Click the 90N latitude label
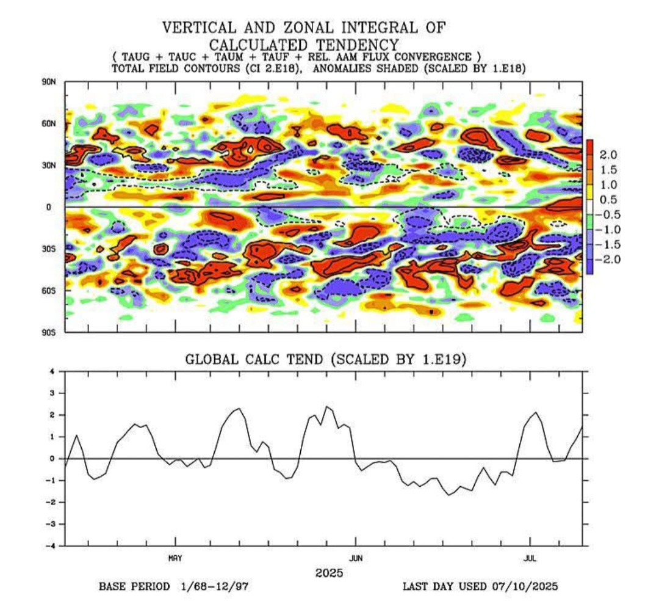(48, 82)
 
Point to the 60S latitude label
(48, 291)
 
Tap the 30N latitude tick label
(48, 166)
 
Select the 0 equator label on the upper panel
(49, 207)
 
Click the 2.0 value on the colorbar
(608, 155)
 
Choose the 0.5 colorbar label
(608, 199)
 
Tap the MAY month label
(175, 558)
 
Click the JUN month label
(356, 558)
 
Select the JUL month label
(530, 558)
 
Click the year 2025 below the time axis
(329, 573)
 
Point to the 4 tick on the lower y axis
(52, 371)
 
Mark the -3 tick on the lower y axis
(50, 524)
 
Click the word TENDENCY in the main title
(357, 45)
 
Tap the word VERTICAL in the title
(199, 27)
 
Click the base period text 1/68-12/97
(215, 586)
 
